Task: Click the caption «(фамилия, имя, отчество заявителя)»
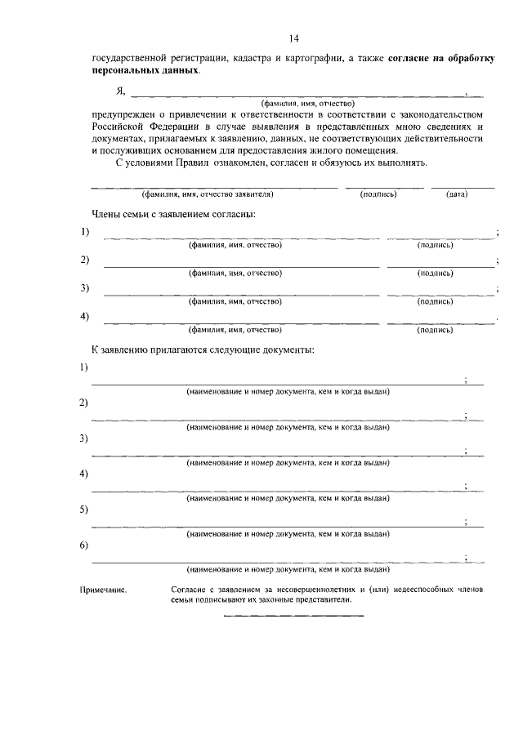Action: pyautogui.click(x=207, y=195)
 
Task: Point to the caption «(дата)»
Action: pyautogui.click(x=457, y=195)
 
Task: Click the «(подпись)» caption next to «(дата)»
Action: pyautogui.click(x=378, y=195)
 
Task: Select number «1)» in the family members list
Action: pyautogui.click(x=85, y=233)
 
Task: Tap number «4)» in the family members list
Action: pyautogui.click(x=85, y=316)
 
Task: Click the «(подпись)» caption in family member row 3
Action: pyautogui.click(x=435, y=301)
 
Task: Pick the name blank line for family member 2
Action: pyautogui.click(x=240, y=266)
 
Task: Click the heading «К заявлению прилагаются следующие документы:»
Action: pyautogui.click(x=204, y=349)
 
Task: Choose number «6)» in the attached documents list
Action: pyautogui.click(x=84, y=545)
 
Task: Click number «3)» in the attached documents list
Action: pyautogui.click(x=84, y=439)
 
